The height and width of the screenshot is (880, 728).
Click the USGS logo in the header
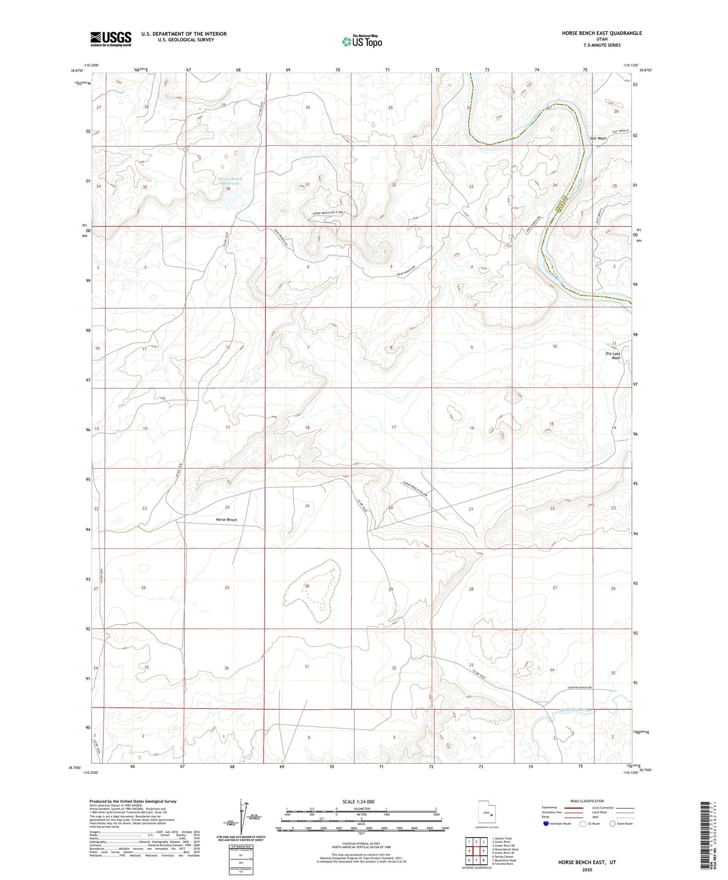tap(111, 39)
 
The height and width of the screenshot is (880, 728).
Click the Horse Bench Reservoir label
tap(230, 181)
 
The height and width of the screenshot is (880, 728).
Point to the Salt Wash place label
tap(598, 138)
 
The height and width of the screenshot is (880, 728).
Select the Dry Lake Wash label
tap(613, 355)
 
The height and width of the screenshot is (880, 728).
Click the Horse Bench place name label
tap(226, 520)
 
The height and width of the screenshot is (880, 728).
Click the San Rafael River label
tap(574, 712)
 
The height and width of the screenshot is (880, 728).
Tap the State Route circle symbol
tap(612, 824)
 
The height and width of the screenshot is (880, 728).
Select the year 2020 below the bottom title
tap(586, 870)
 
